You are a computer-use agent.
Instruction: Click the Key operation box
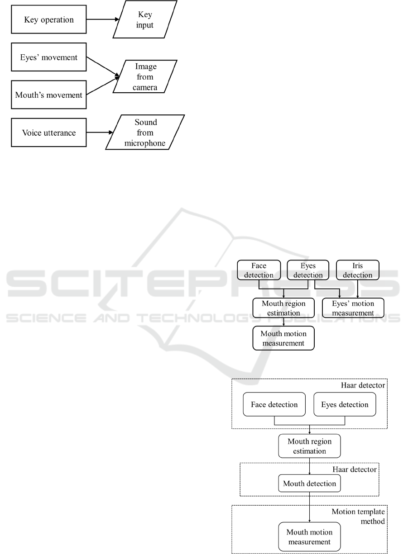(49, 19)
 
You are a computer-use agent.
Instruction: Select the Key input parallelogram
(145, 19)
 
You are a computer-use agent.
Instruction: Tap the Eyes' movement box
(49, 57)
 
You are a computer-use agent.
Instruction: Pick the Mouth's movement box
(49, 95)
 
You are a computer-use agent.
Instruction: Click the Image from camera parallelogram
(145, 76)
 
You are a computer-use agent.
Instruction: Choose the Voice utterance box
(49, 133)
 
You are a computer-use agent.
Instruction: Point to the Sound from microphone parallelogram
(145, 133)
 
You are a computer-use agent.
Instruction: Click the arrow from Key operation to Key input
(103, 19)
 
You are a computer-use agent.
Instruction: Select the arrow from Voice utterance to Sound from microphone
(100, 133)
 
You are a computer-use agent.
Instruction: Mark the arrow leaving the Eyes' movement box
(103, 66)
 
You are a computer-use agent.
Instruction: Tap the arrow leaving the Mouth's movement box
(103, 86)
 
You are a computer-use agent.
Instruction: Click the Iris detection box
(357, 270)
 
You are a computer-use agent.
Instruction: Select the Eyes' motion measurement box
(353, 308)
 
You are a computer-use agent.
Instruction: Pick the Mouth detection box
(309, 483)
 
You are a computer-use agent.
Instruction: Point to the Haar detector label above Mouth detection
(355, 469)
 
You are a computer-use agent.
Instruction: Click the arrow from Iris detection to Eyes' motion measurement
(357, 289)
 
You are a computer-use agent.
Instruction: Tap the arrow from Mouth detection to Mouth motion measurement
(309, 507)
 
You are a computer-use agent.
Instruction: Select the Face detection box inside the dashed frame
(274, 404)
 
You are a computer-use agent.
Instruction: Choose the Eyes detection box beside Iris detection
(308, 270)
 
